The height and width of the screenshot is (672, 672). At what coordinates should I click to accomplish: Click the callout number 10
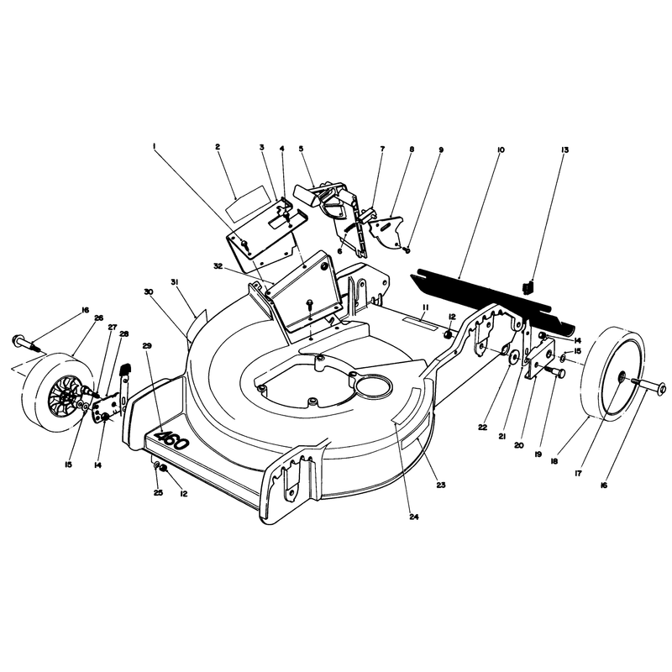[501, 150]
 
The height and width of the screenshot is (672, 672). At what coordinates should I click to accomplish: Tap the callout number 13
[564, 150]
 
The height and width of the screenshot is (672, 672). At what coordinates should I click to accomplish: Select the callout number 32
[218, 266]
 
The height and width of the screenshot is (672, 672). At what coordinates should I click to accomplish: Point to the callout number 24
[413, 517]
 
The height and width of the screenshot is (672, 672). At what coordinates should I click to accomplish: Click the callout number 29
[147, 345]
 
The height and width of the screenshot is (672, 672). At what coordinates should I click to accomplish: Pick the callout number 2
[218, 146]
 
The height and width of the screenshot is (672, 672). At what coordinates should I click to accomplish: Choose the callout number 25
[158, 493]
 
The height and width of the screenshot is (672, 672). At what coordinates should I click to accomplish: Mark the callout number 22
[482, 428]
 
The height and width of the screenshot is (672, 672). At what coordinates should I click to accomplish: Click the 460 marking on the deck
[172, 441]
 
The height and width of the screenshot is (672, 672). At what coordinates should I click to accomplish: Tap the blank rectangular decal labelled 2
[250, 203]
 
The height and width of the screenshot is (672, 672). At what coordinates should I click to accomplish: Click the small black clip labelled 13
[528, 287]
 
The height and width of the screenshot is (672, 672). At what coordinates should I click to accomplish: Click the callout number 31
[175, 281]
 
